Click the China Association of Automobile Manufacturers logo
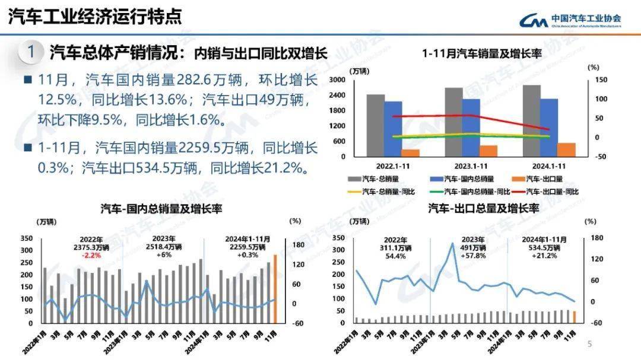click(570, 20)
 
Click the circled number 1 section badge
click(30, 52)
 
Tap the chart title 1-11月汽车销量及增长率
click(482, 53)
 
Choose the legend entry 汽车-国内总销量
click(469, 178)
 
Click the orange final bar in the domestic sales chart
click(275, 289)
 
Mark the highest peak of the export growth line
click(453, 243)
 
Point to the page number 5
click(589, 344)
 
